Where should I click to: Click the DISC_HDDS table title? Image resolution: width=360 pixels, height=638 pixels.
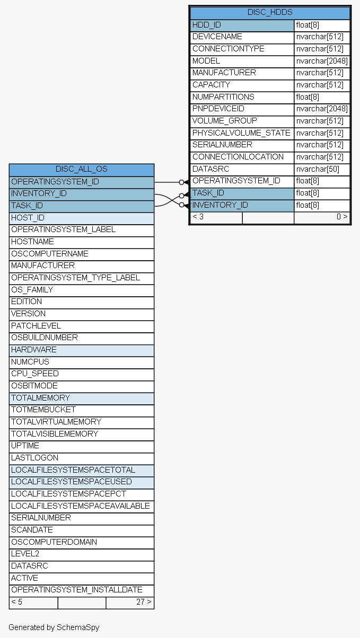click(x=270, y=12)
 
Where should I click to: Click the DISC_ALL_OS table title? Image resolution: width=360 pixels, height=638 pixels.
click(x=82, y=169)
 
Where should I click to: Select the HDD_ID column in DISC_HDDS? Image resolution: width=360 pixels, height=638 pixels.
click(x=207, y=25)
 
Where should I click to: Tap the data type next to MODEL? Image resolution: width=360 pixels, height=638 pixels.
click(x=322, y=61)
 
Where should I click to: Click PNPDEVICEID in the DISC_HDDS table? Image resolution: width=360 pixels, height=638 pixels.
click(x=218, y=109)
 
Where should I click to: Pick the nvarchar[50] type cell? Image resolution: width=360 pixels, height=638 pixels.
click(x=318, y=169)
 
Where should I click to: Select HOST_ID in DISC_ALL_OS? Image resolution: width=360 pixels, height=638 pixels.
click(x=28, y=218)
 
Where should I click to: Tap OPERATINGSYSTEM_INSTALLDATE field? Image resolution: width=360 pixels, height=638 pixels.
click(x=77, y=590)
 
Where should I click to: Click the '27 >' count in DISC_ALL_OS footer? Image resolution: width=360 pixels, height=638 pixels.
click(x=144, y=602)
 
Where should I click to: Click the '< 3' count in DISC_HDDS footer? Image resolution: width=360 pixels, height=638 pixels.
click(x=198, y=217)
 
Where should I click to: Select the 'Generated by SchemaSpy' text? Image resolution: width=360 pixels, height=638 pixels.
click(x=54, y=627)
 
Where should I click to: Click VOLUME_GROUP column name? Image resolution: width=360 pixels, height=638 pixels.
click(x=225, y=121)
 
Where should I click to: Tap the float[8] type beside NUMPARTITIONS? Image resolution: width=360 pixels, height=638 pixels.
click(x=308, y=97)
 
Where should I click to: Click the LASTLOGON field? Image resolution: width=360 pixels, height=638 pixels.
click(x=34, y=458)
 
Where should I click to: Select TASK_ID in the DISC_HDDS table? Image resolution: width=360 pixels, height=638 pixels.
click(x=208, y=193)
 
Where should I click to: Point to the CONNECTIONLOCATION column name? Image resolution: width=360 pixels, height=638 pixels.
click(x=238, y=157)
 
